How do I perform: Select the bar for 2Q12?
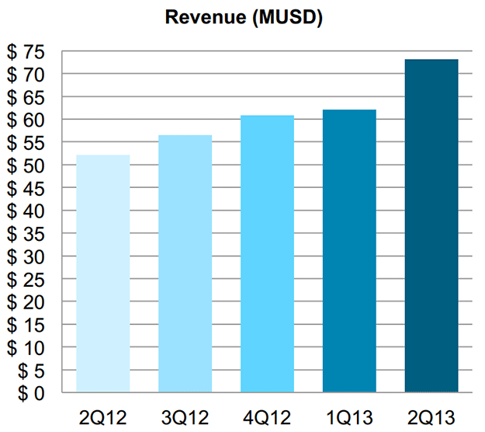pyautogui.click(x=103, y=272)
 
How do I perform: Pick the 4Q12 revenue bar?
pyautogui.click(x=267, y=253)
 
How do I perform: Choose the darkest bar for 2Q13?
pyautogui.click(x=431, y=225)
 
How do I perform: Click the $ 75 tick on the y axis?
pyautogui.click(x=27, y=52)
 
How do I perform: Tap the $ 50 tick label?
pyautogui.click(x=27, y=165)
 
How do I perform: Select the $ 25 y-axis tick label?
pyautogui.click(x=27, y=279)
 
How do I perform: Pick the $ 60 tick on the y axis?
pyautogui.click(x=27, y=120)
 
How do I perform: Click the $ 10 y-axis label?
pyautogui.click(x=27, y=347)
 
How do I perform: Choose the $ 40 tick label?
pyautogui.click(x=27, y=211)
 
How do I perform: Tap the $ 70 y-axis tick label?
pyautogui.click(x=27, y=75)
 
